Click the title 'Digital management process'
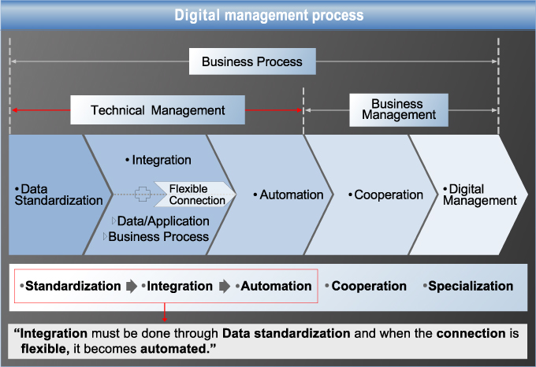pyautogui.click(x=269, y=16)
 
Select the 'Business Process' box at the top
pyautogui.click(x=252, y=61)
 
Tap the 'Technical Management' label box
pyautogui.click(x=158, y=110)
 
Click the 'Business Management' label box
pyautogui.click(x=399, y=110)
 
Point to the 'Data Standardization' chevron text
pyautogui.click(x=58, y=195)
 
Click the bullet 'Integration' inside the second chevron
pyautogui.click(x=158, y=160)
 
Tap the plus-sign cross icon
pyautogui.click(x=143, y=195)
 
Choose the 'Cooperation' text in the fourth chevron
pyautogui.click(x=385, y=195)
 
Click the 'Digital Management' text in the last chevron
pyautogui.click(x=479, y=195)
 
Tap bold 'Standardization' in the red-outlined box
pyautogui.click(x=73, y=286)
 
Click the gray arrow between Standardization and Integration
pyautogui.click(x=132, y=286)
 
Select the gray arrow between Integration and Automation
pyautogui.click(x=225, y=286)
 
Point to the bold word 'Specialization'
pyautogui.click(x=471, y=286)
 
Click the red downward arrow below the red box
pyautogui.click(x=165, y=313)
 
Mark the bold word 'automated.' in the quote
pyautogui.click(x=178, y=349)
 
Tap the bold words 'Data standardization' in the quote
pyautogui.click(x=286, y=333)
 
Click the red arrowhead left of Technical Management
pyautogui.click(x=15, y=110)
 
